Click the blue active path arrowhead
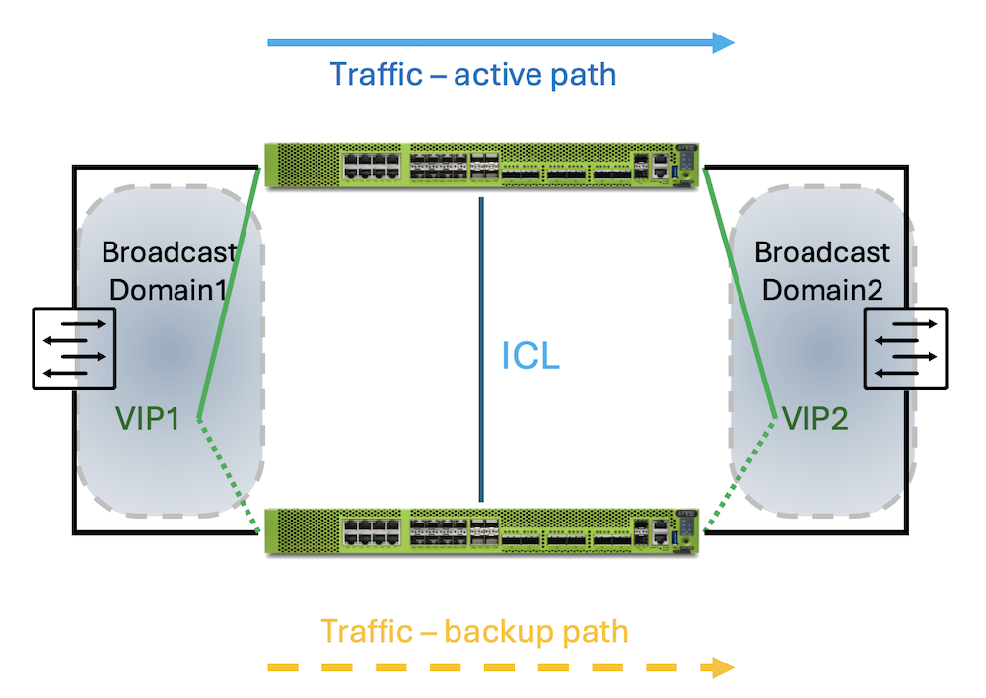(724, 42)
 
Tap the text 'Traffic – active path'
(472, 75)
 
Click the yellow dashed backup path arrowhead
(722, 667)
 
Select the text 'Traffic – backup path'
(474, 631)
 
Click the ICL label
(530, 356)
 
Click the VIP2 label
(815, 418)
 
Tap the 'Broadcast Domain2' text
(822, 270)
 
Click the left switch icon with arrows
(75, 347)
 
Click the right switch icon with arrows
(905, 347)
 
